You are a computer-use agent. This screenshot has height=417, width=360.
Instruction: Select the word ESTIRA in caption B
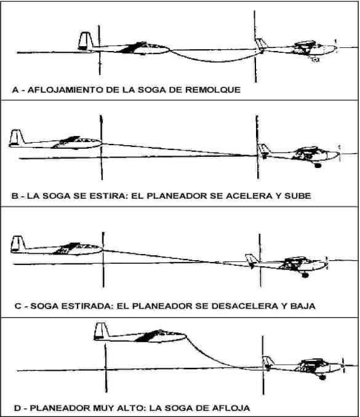point(107,196)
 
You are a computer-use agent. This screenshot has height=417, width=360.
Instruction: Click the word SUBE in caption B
point(298,196)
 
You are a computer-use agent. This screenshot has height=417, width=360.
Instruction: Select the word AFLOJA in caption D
point(230,408)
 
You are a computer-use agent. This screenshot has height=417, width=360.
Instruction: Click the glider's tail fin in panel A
point(85,41)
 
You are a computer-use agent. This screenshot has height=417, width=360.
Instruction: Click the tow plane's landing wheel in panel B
point(318,165)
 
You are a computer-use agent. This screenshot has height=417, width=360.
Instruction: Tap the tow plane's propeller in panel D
point(342,365)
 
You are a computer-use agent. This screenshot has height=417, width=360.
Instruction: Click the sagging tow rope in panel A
point(217,62)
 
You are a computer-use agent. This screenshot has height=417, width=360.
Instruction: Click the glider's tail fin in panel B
point(17,137)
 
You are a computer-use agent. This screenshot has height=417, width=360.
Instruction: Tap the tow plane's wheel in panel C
point(305,276)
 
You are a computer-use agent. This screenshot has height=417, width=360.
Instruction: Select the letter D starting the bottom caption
point(18,408)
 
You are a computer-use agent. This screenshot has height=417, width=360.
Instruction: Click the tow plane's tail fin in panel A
point(260,43)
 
